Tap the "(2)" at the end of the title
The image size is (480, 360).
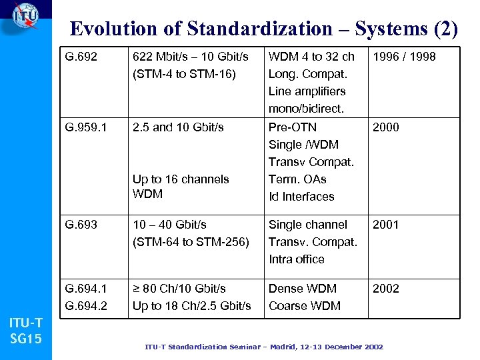coord(445,29)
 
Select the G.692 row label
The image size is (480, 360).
coord(81,57)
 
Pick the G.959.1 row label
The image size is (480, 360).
coord(87,127)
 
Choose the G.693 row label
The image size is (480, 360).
coord(81,225)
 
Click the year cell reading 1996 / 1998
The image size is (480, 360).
coord(404,57)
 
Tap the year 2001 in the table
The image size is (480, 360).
coord(386,225)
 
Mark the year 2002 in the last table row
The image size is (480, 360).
coord(386,289)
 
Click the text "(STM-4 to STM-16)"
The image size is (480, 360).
coord(184,74)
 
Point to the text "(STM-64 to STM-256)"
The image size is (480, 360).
coord(191,242)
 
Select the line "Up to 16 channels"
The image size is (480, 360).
coord(181,179)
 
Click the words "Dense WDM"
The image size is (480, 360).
coord(303,289)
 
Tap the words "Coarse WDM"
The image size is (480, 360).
coord(305,306)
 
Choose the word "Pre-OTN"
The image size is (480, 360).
coord(293,127)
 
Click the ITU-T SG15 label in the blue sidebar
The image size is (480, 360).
coord(26,331)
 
